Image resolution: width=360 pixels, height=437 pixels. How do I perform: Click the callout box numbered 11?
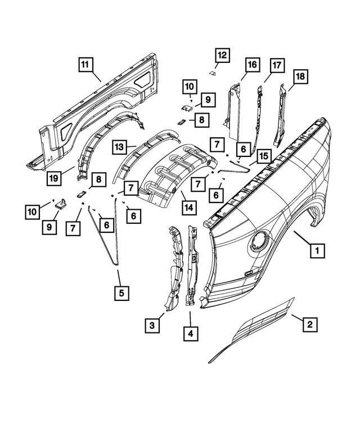(x=85, y=65)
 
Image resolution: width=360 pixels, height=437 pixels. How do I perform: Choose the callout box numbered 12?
(x=222, y=55)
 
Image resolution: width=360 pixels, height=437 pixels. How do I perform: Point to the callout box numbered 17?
(x=276, y=65)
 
